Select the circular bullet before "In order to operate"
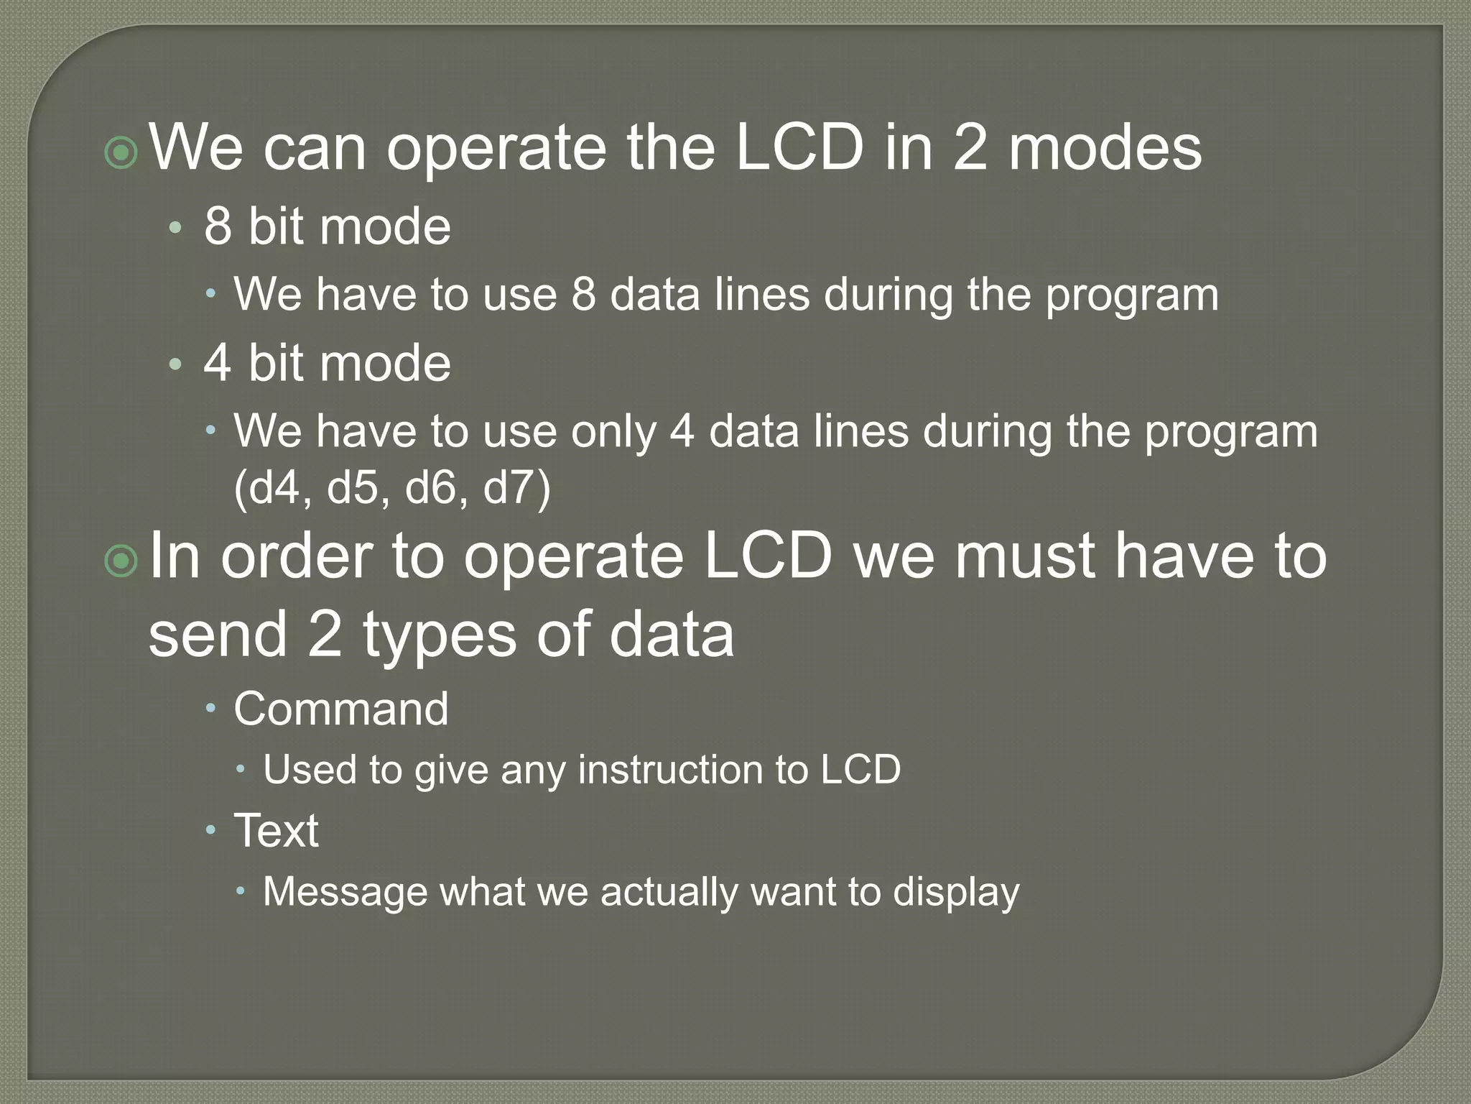(x=121, y=561)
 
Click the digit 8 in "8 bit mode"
(x=218, y=226)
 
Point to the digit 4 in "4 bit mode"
(x=218, y=363)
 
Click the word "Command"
(x=341, y=709)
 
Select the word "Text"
(x=276, y=831)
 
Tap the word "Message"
(x=344, y=892)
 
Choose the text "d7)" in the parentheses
(x=516, y=488)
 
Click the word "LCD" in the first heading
(x=799, y=148)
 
